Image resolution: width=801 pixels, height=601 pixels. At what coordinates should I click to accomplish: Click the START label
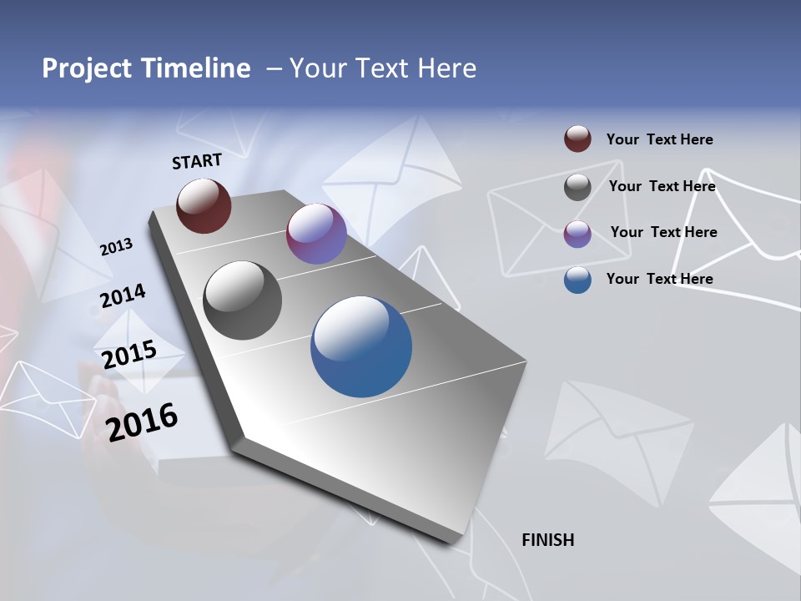pyautogui.click(x=197, y=161)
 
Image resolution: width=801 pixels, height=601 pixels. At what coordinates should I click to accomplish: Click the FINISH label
pyautogui.click(x=548, y=540)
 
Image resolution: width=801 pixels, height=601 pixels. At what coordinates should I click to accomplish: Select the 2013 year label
pyautogui.click(x=116, y=247)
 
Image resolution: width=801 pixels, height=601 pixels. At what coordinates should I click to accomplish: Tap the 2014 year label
pyautogui.click(x=123, y=296)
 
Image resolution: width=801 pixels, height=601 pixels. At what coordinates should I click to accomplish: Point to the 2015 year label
pyautogui.click(x=129, y=355)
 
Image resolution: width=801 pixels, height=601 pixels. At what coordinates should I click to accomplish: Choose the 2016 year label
pyautogui.click(x=142, y=422)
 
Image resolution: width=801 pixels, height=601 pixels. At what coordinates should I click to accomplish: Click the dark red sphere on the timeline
pyautogui.click(x=204, y=205)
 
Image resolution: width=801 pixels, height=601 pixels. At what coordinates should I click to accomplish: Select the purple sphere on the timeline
pyautogui.click(x=316, y=234)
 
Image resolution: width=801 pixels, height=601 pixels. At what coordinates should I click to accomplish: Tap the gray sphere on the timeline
pyautogui.click(x=243, y=300)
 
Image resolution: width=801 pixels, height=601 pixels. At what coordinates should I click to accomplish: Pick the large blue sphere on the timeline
pyautogui.click(x=361, y=346)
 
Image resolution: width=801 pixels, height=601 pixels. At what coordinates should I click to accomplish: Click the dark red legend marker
pyautogui.click(x=577, y=139)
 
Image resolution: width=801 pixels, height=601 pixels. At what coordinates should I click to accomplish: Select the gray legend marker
pyautogui.click(x=577, y=187)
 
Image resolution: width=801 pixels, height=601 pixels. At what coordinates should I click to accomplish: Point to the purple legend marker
pyautogui.click(x=577, y=234)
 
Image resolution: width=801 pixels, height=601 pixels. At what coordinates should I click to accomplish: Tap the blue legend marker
pyautogui.click(x=577, y=280)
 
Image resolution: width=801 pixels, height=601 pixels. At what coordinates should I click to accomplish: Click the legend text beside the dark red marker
pyautogui.click(x=659, y=140)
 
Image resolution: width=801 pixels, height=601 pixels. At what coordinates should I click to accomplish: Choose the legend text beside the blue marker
pyautogui.click(x=659, y=279)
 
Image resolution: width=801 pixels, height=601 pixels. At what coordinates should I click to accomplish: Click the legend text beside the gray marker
pyautogui.click(x=662, y=186)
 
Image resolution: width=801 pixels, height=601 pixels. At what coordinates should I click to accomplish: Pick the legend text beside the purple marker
pyautogui.click(x=663, y=232)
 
